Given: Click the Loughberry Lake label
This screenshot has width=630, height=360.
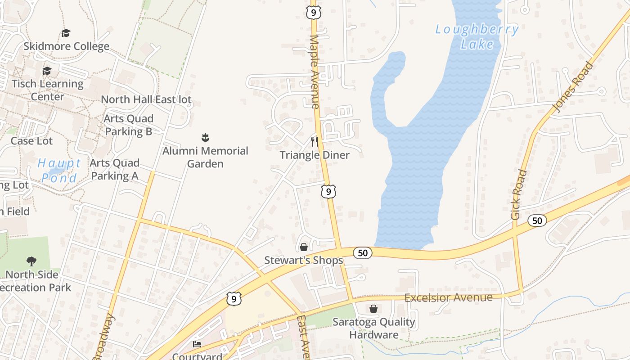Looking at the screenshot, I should (477, 37).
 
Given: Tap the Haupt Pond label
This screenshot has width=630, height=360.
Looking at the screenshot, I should (59, 171).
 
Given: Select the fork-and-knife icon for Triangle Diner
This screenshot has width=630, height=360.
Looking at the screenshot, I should (315, 142).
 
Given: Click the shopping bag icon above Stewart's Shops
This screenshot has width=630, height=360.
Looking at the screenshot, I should (304, 247).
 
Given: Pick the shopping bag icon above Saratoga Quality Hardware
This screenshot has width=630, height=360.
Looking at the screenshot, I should (373, 309).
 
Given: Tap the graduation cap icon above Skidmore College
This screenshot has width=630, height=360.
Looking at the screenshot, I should (66, 33).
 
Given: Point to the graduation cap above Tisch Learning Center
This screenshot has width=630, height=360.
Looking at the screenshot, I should (47, 71).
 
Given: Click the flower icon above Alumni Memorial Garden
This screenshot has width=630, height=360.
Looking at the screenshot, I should (206, 137).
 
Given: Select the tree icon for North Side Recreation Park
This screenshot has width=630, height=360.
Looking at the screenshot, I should (31, 261).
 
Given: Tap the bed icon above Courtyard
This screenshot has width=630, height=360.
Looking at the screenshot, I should (197, 345).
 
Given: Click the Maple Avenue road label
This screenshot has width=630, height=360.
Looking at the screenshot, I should (315, 72).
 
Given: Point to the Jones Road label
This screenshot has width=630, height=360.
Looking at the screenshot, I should (572, 87).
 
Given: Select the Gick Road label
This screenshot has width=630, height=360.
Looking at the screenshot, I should (519, 194).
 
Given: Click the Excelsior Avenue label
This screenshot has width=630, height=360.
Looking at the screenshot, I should (449, 298).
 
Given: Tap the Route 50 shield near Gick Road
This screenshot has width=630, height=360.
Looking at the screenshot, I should (537, 220).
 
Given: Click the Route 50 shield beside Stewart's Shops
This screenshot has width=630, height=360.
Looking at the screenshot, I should (363, 253).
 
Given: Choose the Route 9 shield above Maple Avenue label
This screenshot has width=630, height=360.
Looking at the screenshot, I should (313, 12).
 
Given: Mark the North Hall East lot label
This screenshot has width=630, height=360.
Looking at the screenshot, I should (146, 99).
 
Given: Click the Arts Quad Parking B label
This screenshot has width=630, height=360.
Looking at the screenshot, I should (128, 125).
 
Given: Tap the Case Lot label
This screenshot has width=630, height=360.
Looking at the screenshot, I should (31, 141).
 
